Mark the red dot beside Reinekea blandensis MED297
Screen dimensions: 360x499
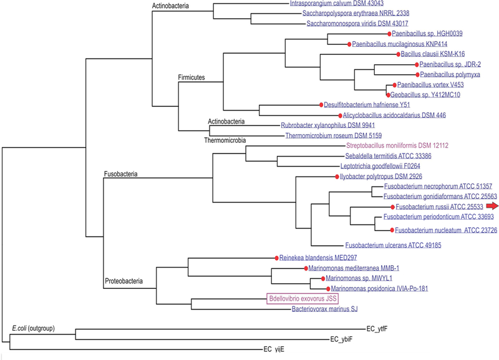click(x=275, y=257)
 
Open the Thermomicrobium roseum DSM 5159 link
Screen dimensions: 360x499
click(x=333, y=135)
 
